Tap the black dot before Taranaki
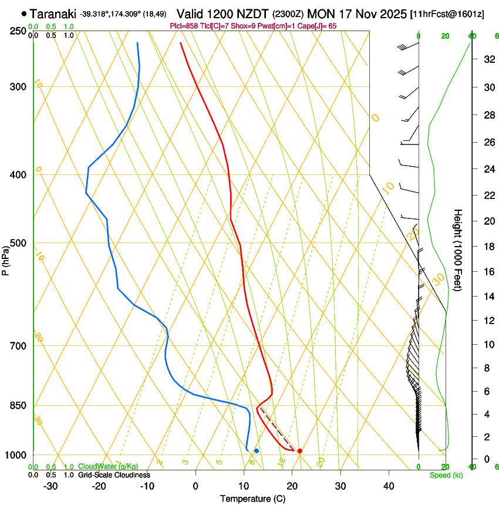[x=23, y=13]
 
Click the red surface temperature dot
[x=300, y=451]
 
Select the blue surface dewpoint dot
[x=257, y=450]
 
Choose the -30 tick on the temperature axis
[x=50, y=486]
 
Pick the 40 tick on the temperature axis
[x=389, y=486]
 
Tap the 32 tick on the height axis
[x=488, y=59]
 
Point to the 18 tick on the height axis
[x=488, y=246]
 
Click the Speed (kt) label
[x=446, y=474]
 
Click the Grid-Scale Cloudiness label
[x=113, y=474]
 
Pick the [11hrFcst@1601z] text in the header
[x=447, y=14]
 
